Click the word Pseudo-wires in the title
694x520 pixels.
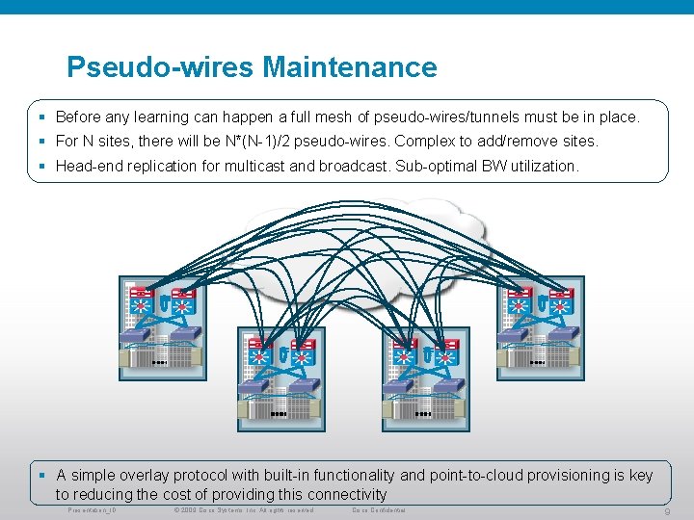(x=160, y=67)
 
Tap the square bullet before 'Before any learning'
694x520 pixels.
(x=43, y=117)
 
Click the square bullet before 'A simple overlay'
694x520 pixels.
(x=43, y=476)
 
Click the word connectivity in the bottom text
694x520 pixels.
(x=345, y=495)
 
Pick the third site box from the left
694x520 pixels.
(x=426, y=378)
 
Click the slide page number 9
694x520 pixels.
(x=668, y=512)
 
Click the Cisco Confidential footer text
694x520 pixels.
(x=378, y=509)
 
